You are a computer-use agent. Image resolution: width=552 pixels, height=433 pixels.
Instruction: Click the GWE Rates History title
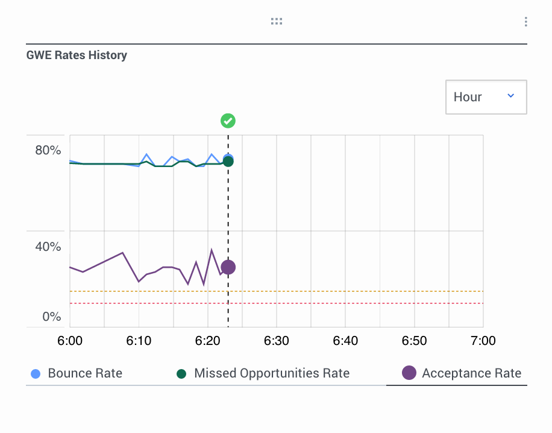click(77, 55)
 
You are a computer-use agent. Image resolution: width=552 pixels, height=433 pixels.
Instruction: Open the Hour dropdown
click(486, 97)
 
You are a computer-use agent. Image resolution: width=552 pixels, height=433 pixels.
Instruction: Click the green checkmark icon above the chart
click(228, 121)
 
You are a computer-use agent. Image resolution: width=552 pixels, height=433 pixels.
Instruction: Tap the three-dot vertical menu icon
click(526, 22)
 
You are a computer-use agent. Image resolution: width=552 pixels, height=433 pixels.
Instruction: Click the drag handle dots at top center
click(277, 22)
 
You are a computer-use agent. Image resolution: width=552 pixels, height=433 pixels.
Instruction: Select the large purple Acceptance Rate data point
click(228, 267)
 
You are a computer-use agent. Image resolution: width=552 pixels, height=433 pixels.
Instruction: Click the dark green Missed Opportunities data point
click(228, 161)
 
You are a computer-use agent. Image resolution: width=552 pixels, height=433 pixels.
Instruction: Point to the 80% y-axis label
click(48, 150)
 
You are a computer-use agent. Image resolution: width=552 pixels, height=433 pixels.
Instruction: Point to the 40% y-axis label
click(48, 247)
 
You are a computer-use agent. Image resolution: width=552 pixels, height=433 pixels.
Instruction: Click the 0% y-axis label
click(52, 317)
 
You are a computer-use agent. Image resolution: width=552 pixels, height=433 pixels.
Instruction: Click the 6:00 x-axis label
click(70, 341)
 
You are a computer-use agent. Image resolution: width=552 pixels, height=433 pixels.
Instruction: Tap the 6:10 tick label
click(139, 341)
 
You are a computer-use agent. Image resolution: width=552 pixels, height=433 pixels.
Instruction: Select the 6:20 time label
click(207, 341)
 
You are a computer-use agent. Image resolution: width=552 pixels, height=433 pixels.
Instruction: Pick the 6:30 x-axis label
click(277, 341)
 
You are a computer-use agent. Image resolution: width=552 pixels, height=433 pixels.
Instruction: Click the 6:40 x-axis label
click(345, 341)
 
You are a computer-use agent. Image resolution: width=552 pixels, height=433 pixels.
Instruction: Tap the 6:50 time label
click(414, 341)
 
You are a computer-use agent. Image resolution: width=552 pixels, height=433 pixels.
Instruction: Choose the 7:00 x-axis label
click(483, 341)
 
